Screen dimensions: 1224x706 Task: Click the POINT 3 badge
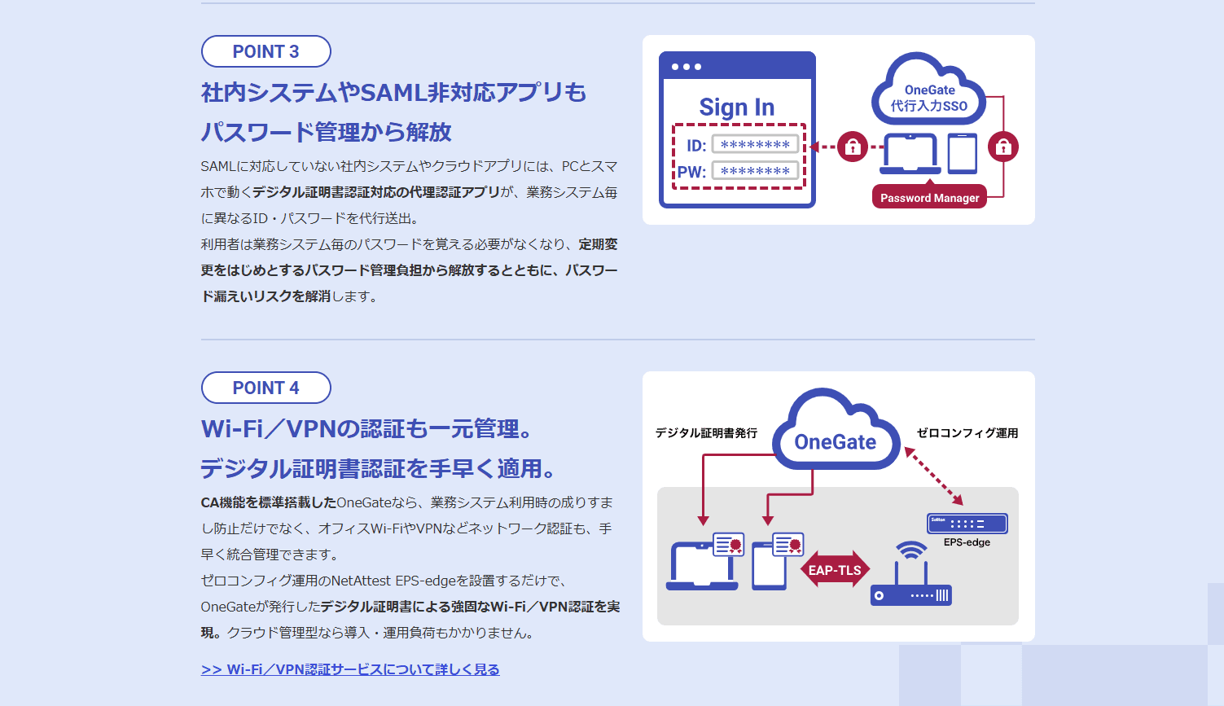(265, 51)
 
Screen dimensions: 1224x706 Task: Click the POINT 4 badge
(265, 388)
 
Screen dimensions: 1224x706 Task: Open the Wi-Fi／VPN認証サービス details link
(350, 669)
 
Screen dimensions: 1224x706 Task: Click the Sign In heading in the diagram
(736, 107)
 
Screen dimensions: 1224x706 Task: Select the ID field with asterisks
(755, 144)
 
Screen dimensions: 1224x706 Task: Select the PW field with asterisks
(755, 171)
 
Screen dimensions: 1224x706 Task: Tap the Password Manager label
(929, 198)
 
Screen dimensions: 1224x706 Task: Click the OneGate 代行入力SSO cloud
(929, 90)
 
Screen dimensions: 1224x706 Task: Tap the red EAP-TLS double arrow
(835, 570)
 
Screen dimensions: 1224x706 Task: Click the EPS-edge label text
(967, 542)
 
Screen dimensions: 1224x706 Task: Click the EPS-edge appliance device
(967, 524)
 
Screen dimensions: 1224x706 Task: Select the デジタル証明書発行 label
(706, 433)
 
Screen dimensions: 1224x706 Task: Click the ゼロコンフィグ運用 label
(967, 433)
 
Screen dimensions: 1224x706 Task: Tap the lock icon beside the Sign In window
(853, 147)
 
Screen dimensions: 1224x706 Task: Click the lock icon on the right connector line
(1003, 147)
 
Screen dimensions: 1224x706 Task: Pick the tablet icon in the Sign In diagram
(963, 154)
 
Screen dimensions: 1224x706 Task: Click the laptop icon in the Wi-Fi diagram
(702, 566)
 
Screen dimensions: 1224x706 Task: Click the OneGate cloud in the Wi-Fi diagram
(836, 432)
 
